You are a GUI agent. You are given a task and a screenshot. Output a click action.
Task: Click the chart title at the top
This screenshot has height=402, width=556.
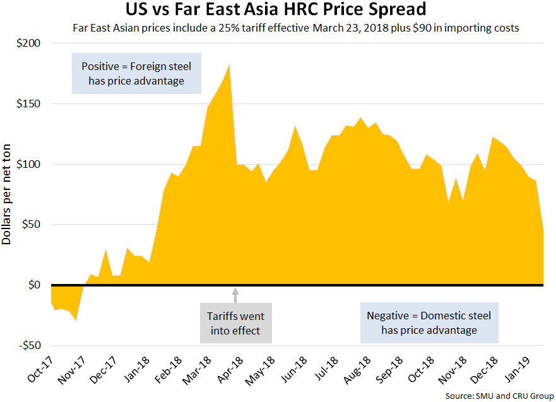coord(278,11)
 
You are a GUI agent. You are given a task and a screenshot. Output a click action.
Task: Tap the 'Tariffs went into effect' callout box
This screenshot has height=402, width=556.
coord(235,323)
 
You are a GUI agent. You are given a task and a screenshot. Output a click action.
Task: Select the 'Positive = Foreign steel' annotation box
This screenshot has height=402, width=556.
coord(136,73)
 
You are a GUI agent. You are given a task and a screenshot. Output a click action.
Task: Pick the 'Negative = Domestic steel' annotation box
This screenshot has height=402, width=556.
coord(429,323)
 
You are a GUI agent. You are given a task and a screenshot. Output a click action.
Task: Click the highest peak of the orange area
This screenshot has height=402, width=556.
coord(228,65)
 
